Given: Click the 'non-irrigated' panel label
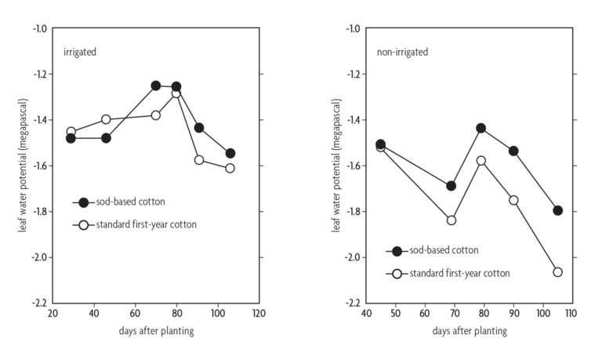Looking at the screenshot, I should point(402,52).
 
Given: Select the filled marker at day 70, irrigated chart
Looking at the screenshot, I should point(156,85).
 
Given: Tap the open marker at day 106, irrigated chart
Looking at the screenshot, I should point(230,168).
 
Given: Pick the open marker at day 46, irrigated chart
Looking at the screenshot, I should point(106,119).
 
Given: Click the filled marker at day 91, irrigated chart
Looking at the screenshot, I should point(199,128).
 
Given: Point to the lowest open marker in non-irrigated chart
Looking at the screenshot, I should point(557,271).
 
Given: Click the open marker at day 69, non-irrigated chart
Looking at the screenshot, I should point(451,220).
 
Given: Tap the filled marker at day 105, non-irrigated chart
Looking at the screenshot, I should point(557,210).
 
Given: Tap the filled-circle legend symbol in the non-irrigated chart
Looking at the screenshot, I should point(397,251).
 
